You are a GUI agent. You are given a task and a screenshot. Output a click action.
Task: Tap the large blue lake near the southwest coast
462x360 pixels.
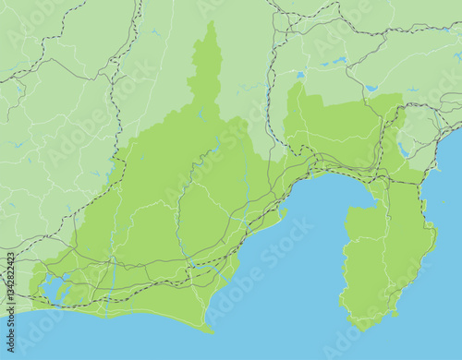(x=55, y=288)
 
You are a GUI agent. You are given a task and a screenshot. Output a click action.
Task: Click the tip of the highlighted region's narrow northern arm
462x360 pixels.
(x=212, y=25)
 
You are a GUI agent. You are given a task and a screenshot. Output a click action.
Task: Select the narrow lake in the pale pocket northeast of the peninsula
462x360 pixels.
(x=403, y=149)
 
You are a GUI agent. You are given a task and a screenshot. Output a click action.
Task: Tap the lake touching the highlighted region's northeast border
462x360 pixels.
(x=371, y=89)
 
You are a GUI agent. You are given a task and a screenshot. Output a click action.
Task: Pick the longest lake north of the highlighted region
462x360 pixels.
(x=332, y=62)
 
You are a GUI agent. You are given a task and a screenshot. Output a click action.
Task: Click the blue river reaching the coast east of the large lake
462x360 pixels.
(x=111, y=277)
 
